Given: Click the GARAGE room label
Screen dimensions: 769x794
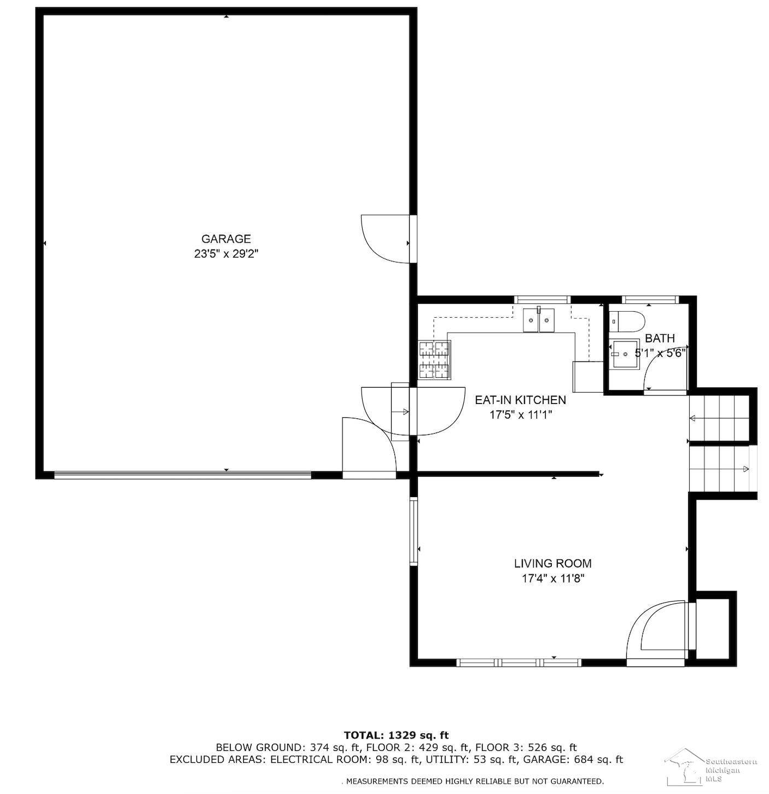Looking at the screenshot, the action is click(226, 238).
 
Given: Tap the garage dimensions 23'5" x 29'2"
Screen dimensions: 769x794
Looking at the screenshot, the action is click(226, 254).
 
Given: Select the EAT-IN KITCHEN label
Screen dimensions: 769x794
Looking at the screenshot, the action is click(520, 400).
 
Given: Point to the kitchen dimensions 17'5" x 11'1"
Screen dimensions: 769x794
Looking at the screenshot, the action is click(521, 415).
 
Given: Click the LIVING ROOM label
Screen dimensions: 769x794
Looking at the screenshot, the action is click(552, 563).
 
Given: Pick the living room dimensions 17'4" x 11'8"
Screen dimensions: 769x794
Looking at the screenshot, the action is click(553, 579).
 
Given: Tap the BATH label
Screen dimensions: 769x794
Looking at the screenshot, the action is click(660, 338).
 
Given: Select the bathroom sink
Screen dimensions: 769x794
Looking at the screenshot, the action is click(625, 354).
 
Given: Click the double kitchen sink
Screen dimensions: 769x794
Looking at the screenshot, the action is click(539, 320).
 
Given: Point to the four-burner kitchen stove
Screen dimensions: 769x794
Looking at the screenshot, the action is click(435, 360).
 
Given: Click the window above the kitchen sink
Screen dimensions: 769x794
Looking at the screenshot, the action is click(541, 300).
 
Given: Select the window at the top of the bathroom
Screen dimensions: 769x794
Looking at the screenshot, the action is click(650, 300).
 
